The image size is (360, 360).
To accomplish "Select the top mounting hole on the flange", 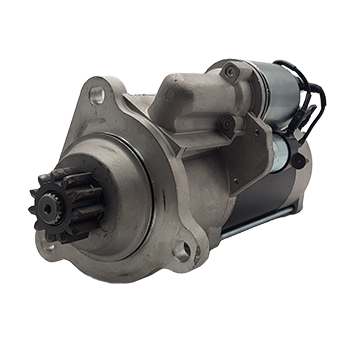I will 97,95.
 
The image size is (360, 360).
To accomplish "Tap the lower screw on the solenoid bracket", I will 228,123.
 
